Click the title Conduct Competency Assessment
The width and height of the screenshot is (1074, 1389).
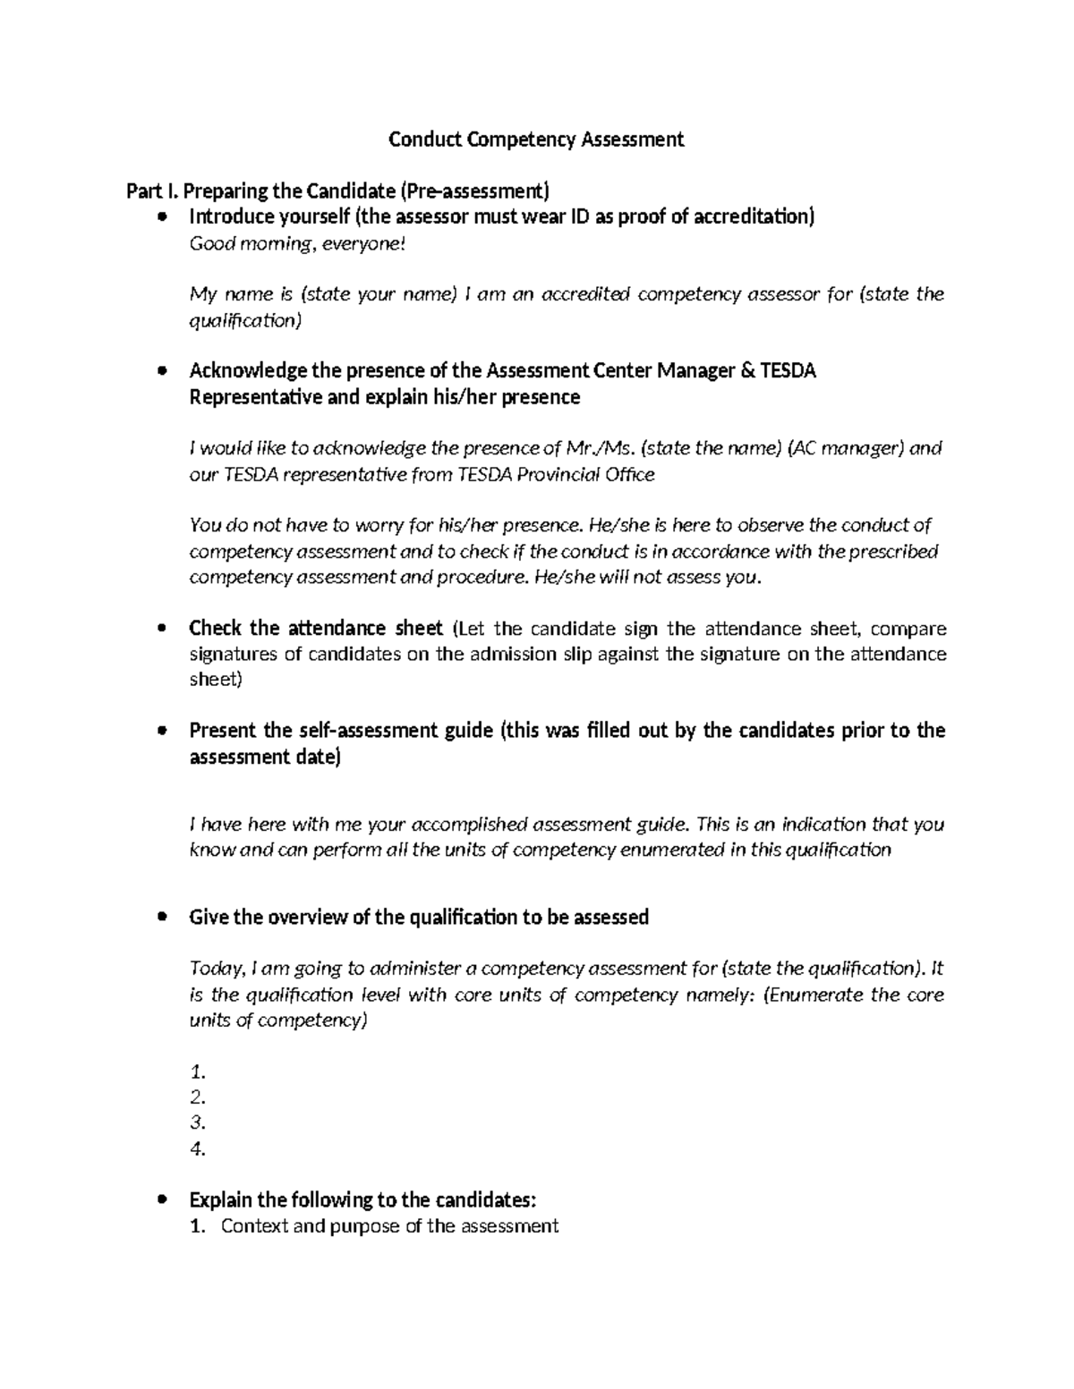tap(535, 139)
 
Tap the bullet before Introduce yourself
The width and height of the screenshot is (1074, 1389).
tap(162, 217)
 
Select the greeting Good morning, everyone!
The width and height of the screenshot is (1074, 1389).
tap(297, 243)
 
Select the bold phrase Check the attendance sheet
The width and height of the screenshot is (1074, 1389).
tap(316, 628)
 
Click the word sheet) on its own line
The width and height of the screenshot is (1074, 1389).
tap(216, 679)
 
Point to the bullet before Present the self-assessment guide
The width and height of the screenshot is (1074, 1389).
tap(162, 731)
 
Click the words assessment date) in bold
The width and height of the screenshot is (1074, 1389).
tap(265, 757)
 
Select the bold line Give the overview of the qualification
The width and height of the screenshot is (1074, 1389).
tap(419, 917)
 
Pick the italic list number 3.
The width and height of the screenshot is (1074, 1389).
tap(199, 1122)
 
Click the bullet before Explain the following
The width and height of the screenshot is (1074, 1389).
tap(162, 1200)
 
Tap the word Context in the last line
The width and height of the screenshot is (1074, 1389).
tap(253, 1226)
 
